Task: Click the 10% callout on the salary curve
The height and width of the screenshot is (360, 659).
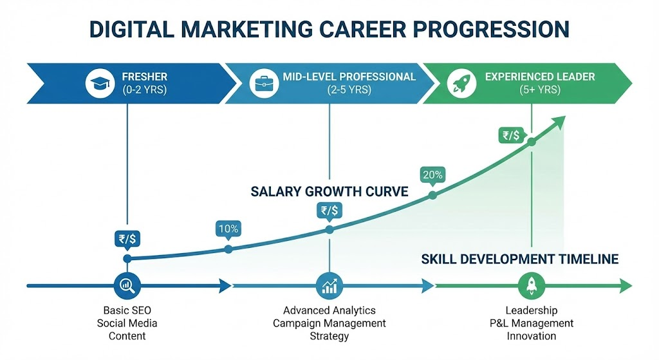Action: (x=228, y=229)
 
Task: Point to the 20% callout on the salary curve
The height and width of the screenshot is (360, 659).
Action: (x=432, y=175)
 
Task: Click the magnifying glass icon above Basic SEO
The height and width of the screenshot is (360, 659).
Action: (x=127, y=285)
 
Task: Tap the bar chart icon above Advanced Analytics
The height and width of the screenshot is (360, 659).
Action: (x=329, y=285)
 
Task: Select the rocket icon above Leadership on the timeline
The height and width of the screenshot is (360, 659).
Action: (x=532, y=285)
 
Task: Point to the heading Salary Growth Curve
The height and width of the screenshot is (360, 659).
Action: (x=329, y=191)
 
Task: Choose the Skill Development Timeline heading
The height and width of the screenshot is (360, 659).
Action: (x=520, y=259)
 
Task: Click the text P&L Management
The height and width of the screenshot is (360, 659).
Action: (x=532, y=323)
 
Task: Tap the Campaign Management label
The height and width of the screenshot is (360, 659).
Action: (x=329, y=323)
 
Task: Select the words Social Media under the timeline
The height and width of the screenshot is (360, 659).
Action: (x=127, y=323)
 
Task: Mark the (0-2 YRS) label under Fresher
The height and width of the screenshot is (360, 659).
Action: (x=144, y=90)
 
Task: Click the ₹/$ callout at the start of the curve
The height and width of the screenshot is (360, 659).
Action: (x=127, y=239)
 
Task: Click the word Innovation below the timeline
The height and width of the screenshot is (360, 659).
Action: (x=532, y=336)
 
